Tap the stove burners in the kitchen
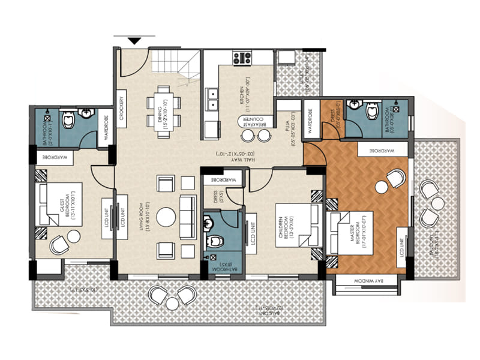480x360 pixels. point(242,58)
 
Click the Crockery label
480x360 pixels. point(121,109)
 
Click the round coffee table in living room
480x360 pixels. point(167,217)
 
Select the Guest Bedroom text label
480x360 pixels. point(67,208)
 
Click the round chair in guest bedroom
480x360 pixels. point(59,244)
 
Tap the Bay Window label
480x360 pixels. point(367,280)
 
